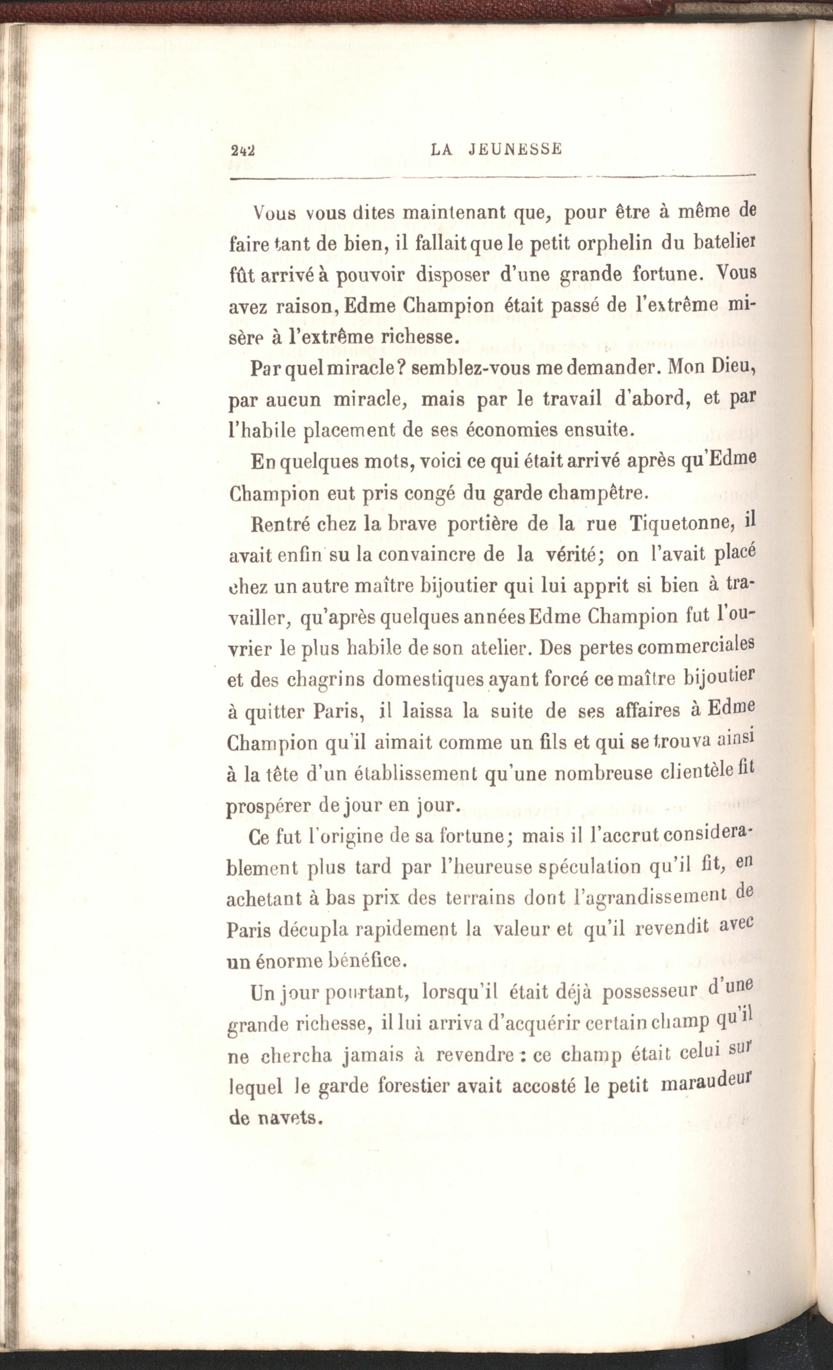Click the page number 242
coord(242,150)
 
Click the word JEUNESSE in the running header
coord(515,149)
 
